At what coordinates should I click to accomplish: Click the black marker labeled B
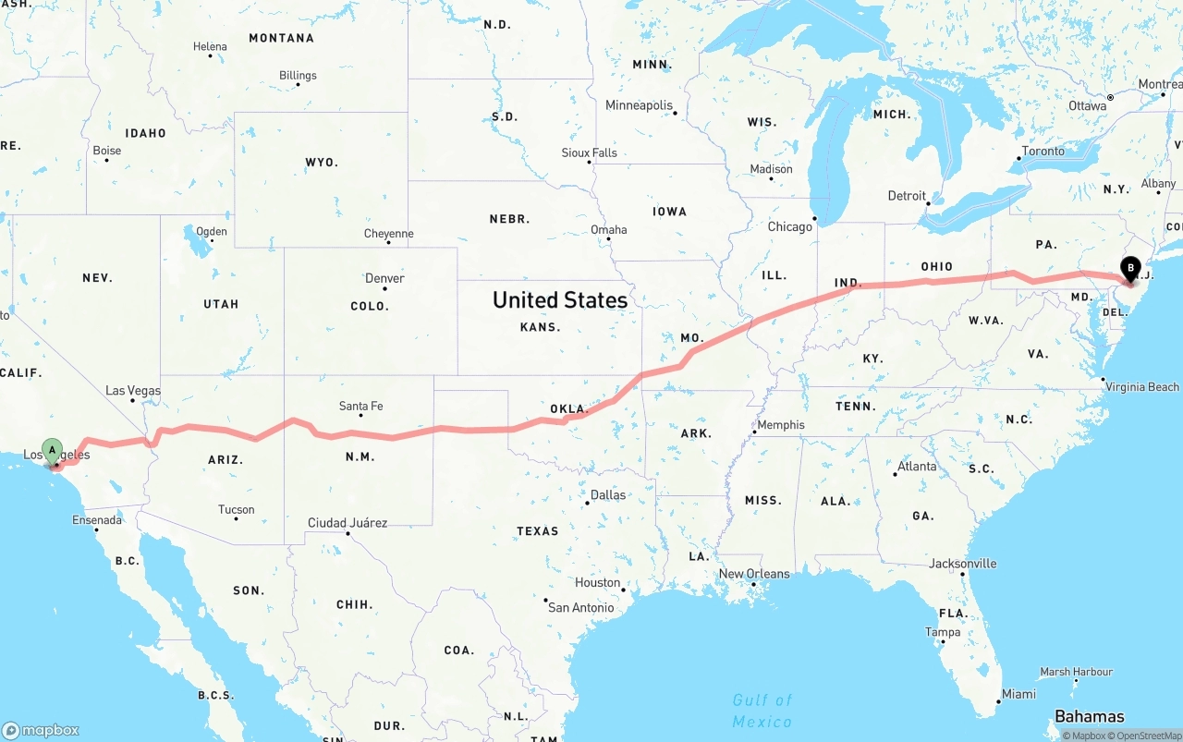pos(1129,269)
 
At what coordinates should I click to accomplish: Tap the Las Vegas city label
pos(133,391)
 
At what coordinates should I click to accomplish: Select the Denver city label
pos(384,278)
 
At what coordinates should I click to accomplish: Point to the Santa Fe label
pos(360,406)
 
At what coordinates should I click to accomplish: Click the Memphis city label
pos(781,425)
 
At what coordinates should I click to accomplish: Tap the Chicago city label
pos(789,226)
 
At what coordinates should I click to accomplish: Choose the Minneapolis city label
pos(639,105)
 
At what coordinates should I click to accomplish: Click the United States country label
pos(559,299)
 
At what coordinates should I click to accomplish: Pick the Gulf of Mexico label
pos(762,711)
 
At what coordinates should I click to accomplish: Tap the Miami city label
pos(1018,694)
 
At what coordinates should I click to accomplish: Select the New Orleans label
pos(754,574)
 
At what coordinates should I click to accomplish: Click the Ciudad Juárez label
pos(348,523)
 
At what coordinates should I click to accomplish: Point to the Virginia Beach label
pos(1141,387)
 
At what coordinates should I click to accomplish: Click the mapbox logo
pos(41,730)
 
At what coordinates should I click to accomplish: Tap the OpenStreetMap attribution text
pos(1147,736)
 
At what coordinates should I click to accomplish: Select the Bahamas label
pos(1089,716)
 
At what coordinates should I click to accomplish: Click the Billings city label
pos(298,76)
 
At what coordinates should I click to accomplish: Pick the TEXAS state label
pos(537,531)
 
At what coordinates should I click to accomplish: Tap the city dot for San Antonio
pos(545,601)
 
